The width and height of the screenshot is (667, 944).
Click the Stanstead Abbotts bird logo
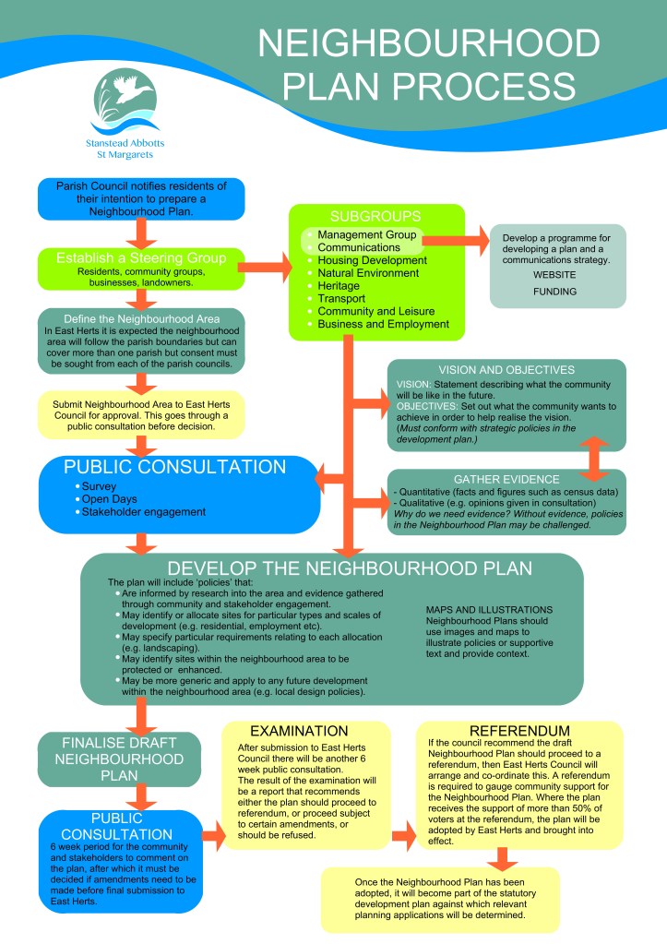coord(125,101)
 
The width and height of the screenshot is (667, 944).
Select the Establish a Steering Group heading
coord(140,257)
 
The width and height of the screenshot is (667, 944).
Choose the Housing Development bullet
coord(372,261)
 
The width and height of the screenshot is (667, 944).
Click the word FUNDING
coord(556,292)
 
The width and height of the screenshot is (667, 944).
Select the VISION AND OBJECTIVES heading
coord(506,370)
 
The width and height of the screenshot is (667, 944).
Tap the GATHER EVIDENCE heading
coord(506,480)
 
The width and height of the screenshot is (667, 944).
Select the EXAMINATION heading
coord(299,731)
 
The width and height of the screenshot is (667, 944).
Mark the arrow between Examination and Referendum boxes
coord(403,836)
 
